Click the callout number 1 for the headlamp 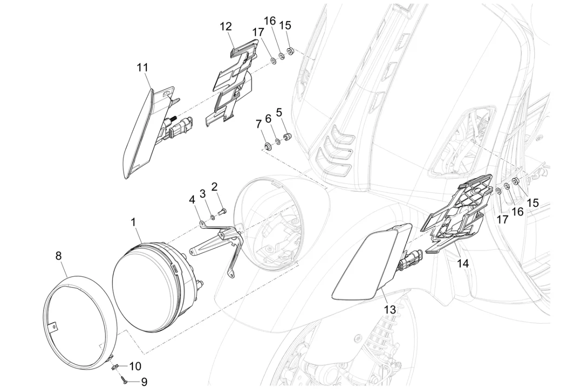tap(133, 222)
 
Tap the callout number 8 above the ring tap(59, 256)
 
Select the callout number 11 tap(143, 68)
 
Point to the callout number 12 tap(226, 26)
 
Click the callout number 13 tap(390, 310)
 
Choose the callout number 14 tap(463, 263)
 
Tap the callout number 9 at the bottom tap(144, 382)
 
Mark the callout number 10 tap(135, 367)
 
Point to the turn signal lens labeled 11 tap(139, 134)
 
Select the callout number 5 tap(279, 112)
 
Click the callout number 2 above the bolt tap(214, 187)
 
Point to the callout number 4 tap(192, 200)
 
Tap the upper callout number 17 tap(258, 32)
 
